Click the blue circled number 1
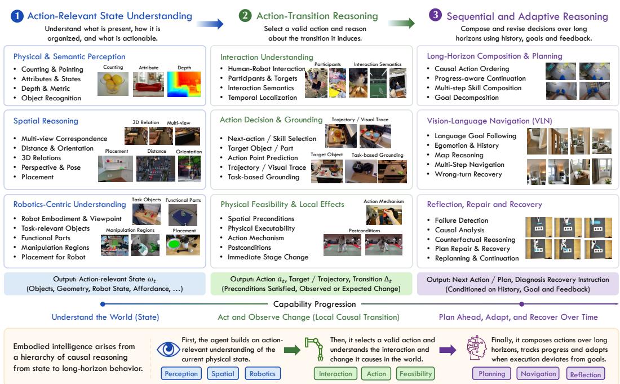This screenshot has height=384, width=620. [x=17, y=16]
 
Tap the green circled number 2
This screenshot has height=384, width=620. [x=245, y=15]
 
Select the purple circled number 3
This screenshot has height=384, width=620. [x=435, y=15]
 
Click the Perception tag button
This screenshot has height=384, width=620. [x=181, y=374]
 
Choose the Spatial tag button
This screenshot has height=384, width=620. [x=223, y=374]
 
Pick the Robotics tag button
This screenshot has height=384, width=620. [x=263, y=374]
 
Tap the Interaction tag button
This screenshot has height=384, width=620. [x=335, y=374]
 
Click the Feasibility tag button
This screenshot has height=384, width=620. [x=415, y=374]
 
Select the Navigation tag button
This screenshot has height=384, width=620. [x=538, y=374]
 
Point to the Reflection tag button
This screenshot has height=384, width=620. [x=585, y=374]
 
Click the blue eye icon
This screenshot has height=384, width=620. [x=169, y=349]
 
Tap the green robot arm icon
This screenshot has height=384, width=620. [x=314, y=349]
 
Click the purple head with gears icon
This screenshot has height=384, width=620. [x=476, y=347]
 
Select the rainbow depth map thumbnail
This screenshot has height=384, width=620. [x=184, y=84]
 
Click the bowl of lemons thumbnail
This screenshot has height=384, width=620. [x=113, y=84]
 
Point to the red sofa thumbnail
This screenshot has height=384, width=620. [x=148, y=84]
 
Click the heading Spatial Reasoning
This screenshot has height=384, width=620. [x=46, y=121]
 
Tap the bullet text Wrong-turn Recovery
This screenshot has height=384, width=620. [x=468, y=174]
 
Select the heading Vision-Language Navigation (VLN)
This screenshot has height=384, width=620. [x=489, y=121]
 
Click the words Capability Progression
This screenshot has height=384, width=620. [x=315, y=304]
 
